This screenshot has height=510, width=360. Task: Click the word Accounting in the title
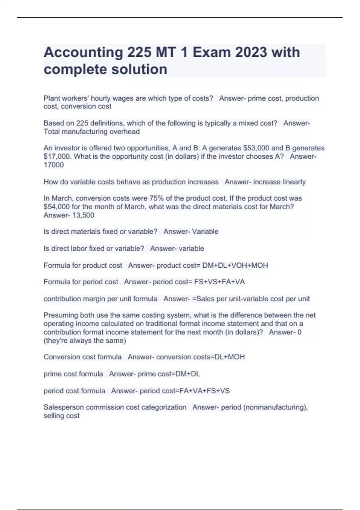click(x=83, y=53)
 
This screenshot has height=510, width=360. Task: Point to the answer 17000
click(x=54, y=165)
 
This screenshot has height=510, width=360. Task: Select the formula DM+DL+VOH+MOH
click(x=235, y=265)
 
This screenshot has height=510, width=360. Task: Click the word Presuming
click(x=59, y=315)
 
